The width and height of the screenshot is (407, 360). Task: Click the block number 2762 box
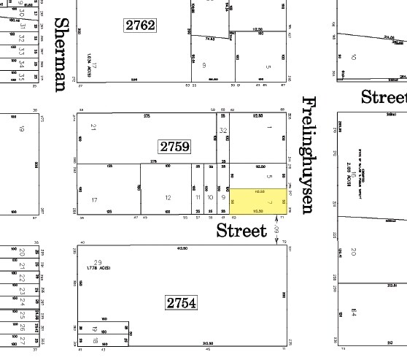click(x=140, y=25)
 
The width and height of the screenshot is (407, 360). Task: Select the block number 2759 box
click(x=174, y=146)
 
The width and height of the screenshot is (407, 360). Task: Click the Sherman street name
click(x=63, y=55)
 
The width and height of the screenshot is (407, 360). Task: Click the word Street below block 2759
click(x=241, y=231)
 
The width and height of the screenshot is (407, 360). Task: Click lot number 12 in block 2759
click(x=168, y=197)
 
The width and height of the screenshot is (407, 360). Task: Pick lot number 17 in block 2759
click(x=94, y=199)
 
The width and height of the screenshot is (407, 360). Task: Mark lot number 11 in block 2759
click(x=197, y=197)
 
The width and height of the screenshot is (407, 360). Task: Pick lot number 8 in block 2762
click(x=204, y=64)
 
